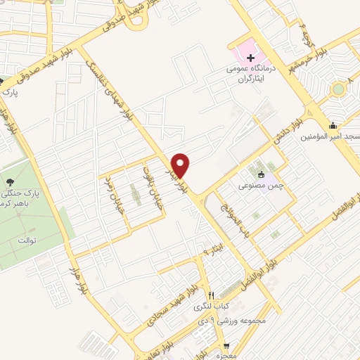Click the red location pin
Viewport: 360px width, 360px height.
click(x=182, y=165)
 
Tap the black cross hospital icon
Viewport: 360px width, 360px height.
click(x=250, y=56)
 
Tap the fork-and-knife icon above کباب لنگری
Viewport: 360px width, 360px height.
click(x=211, y=295)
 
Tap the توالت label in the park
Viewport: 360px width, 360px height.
click(x=22, y=241)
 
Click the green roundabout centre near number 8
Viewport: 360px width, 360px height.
click(x=339, y=89)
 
